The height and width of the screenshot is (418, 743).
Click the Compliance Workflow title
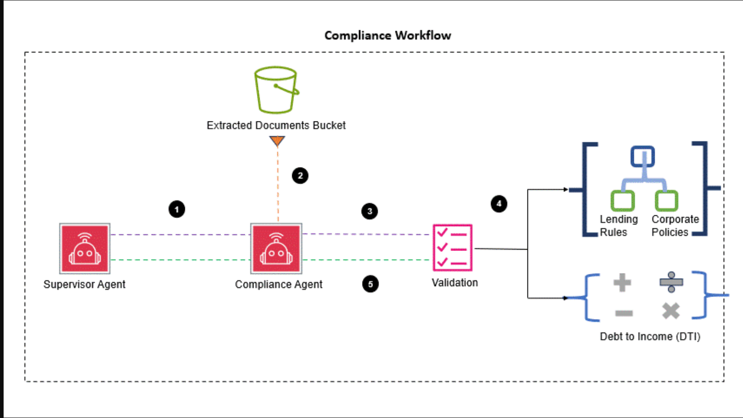388,35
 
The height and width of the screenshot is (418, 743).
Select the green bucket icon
276,90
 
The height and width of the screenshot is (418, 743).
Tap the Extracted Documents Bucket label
276,125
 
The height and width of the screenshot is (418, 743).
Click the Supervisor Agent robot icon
85,248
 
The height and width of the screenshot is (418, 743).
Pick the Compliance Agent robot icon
276,248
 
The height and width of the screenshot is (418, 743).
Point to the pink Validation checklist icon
452,248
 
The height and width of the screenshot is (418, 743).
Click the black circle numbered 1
177,209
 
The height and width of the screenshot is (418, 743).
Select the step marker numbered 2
300,176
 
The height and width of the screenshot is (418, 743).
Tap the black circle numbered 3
370,211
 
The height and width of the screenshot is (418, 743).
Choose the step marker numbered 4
499,204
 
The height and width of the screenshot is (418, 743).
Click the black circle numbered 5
371,284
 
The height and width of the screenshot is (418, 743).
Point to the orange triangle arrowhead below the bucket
277,141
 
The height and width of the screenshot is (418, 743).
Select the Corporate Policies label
675,226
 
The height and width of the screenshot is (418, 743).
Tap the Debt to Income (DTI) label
650,337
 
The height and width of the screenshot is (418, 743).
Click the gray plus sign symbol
622,283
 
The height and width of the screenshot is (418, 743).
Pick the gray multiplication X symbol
671,311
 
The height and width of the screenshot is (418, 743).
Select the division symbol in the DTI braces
671,282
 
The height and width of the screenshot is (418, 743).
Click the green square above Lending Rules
623,200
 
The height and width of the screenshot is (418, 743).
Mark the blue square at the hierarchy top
642,157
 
